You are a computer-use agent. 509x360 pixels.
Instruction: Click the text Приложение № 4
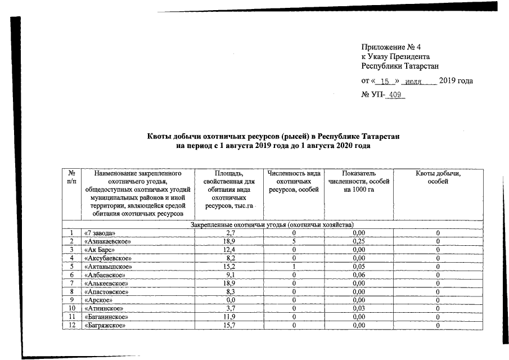point(391,47)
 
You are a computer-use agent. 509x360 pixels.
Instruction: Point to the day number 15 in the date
point(385,82)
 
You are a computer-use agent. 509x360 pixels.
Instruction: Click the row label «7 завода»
point(100,233)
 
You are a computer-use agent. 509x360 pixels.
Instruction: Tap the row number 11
point(71,317)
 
